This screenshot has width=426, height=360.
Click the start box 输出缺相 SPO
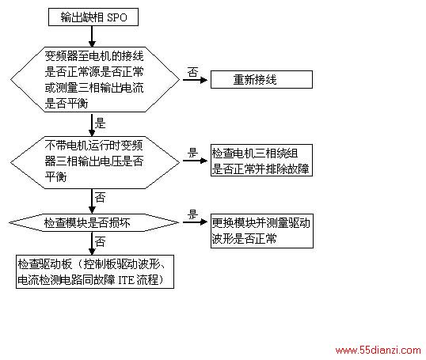[93, 17]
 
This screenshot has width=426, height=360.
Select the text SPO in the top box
[117, 17]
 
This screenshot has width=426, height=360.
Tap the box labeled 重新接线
[261, 80]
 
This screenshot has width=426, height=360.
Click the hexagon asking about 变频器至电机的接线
[95, 79]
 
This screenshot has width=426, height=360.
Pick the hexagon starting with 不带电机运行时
[95, 162]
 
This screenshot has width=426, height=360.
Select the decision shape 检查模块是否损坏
[94, 222]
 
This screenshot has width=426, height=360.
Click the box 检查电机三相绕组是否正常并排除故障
[261, 160]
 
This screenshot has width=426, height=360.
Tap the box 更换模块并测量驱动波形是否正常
[262, 231]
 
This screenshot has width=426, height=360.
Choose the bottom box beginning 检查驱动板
[95, 271]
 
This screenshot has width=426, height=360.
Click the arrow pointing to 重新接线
[195, 80]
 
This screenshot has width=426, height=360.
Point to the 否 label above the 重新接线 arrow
[192, 72]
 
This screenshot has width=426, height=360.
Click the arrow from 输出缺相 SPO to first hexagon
[92, 36]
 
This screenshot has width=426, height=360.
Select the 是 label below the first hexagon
[100, 123]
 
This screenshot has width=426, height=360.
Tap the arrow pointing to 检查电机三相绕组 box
[195, 161]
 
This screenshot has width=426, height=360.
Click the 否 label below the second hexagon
[100, 197]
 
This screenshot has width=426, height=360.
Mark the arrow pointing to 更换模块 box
[195, 222]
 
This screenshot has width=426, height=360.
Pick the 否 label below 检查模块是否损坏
[100, 241]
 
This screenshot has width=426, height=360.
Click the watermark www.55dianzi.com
[378, 350]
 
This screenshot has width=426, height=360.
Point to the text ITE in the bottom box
[127, 280]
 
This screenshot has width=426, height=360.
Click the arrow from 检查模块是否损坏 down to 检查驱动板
[92, 243]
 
